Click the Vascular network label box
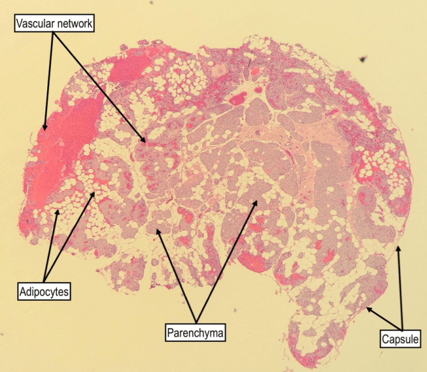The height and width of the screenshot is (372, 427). coord(54,23)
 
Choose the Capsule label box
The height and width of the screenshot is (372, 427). coord(401,340)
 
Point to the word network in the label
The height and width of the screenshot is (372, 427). coord(72,23)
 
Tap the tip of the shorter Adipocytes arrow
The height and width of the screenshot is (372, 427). coord(56,210)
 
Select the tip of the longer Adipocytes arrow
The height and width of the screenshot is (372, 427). coord(95,192)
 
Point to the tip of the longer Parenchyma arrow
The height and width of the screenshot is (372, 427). coord(257,199)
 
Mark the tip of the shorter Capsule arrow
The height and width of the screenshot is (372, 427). coord(367,307)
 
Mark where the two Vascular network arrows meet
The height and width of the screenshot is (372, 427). coord(54,32)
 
